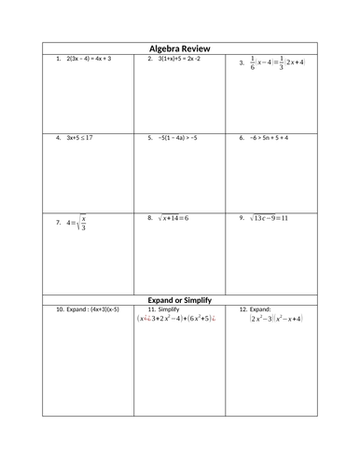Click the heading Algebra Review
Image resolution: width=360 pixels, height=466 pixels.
click(x=180, y=48)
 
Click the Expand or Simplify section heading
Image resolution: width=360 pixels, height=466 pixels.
click(x=180, y=299)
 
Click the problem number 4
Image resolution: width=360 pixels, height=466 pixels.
click(x=58, y=137)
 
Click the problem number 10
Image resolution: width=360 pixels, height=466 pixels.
click(x=60, y=308)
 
